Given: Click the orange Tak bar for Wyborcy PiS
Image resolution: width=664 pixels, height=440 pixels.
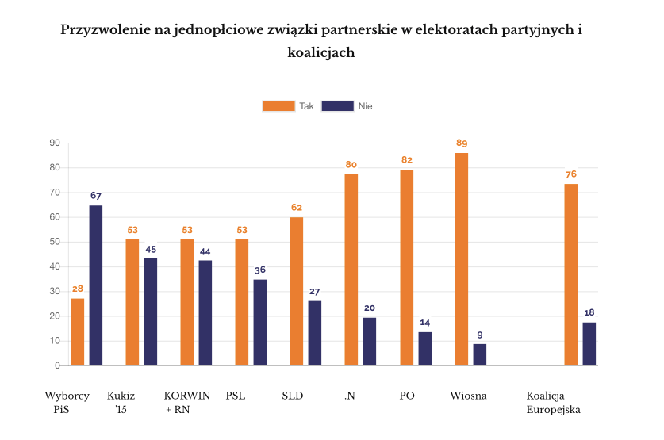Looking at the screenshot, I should (x=77, y=332).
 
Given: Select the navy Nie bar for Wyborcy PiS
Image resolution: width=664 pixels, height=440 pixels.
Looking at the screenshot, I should (x=95, y=285).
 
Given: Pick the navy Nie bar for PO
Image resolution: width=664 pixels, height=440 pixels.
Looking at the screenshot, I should (x=425, y=349).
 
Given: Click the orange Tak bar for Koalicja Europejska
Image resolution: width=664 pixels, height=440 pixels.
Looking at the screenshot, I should (x=570, y=275).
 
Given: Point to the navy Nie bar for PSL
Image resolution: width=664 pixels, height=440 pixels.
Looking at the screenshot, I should (x=260, y=323).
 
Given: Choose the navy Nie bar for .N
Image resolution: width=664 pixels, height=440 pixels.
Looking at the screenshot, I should (x=370, y=342).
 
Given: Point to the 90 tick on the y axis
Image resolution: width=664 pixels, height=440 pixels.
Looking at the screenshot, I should (x=55, y=143).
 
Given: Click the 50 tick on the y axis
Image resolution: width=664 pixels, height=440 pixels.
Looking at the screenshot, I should (x=55, y=242).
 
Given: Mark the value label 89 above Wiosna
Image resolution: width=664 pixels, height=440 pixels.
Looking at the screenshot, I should (x=462, y=143).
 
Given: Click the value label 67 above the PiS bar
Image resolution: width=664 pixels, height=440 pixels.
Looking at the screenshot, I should (x=96, y=195).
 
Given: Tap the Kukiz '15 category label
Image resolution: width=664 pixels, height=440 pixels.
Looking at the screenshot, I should (x=121, y=403).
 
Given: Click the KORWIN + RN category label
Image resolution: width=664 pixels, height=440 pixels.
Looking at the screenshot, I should (x=186, y=403).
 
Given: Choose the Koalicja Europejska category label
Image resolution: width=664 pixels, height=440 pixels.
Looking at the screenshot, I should (x=554, y=403).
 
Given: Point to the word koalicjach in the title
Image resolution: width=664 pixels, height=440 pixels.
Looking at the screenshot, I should (x=320, y=53).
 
